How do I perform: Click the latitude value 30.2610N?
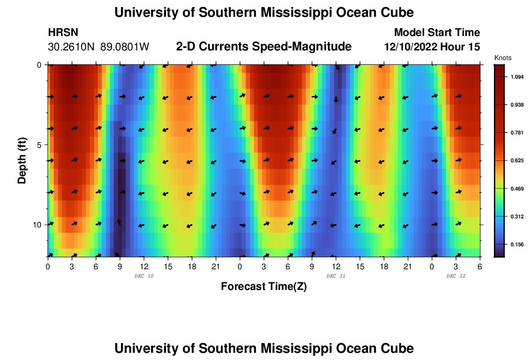tap(72, 47)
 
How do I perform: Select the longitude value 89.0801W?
tap(125, 47)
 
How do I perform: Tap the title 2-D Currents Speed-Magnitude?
tap(264, 47)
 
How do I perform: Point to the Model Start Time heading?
tap(436, 33)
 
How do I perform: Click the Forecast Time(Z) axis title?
tap(264, 287)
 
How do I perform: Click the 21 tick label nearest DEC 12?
tap(408, 266)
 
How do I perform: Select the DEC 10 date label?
tap(144, 276)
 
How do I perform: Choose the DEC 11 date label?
tap(336, 276)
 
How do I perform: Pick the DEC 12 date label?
tap(456, 276)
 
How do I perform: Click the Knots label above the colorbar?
tap(503, 58)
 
